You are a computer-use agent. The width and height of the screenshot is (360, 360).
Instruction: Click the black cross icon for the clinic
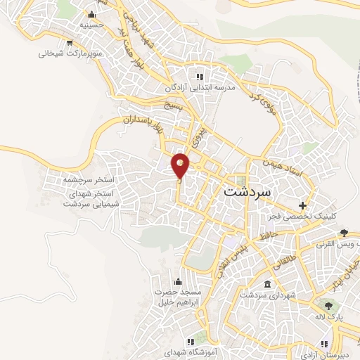coord(303,206)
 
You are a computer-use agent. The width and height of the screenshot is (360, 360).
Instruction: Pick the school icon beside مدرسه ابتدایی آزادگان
coord(200,76)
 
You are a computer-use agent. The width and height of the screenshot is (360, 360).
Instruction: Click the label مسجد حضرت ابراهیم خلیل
coord(179,296)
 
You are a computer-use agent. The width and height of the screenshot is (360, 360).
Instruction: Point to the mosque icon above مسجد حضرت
coord(177,282)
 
